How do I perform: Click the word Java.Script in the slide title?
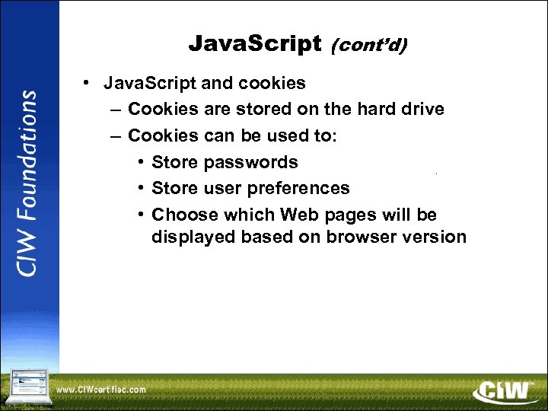click(255, 44)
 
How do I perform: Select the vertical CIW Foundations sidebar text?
click(28, 183)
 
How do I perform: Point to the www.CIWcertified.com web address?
click(100, 390)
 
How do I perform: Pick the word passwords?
click(250, 162)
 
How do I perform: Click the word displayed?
click(193, 237)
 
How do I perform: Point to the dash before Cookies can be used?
click(114, 135)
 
